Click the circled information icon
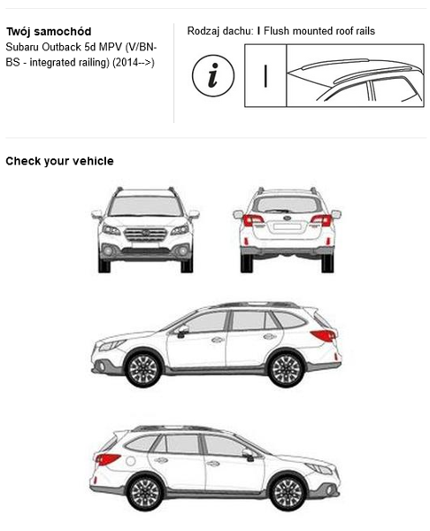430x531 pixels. coord(213,76)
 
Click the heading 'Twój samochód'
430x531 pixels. coord(49,32)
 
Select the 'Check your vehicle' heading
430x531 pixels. coord(59,161)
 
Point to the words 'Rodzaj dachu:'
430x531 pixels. coord(220,31)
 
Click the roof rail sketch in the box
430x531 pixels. coord(355,80)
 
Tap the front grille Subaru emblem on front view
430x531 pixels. coord(146,233)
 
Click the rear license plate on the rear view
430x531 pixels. coord(288,227)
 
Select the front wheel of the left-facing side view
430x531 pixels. coord(143,369)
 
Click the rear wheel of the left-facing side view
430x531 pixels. coord(286,369)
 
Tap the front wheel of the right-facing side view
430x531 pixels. coord(288,493)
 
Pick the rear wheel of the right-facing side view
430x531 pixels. coord(145,493)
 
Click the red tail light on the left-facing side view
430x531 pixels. coord(324,335)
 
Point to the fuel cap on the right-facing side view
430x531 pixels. coord(131,460)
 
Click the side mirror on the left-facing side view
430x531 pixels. coord(183,331)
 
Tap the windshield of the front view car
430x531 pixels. coord(146,206)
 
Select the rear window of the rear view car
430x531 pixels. coord(288,205)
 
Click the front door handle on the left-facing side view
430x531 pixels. coord(218,339)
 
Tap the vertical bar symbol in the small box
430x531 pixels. coord(265,76)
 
